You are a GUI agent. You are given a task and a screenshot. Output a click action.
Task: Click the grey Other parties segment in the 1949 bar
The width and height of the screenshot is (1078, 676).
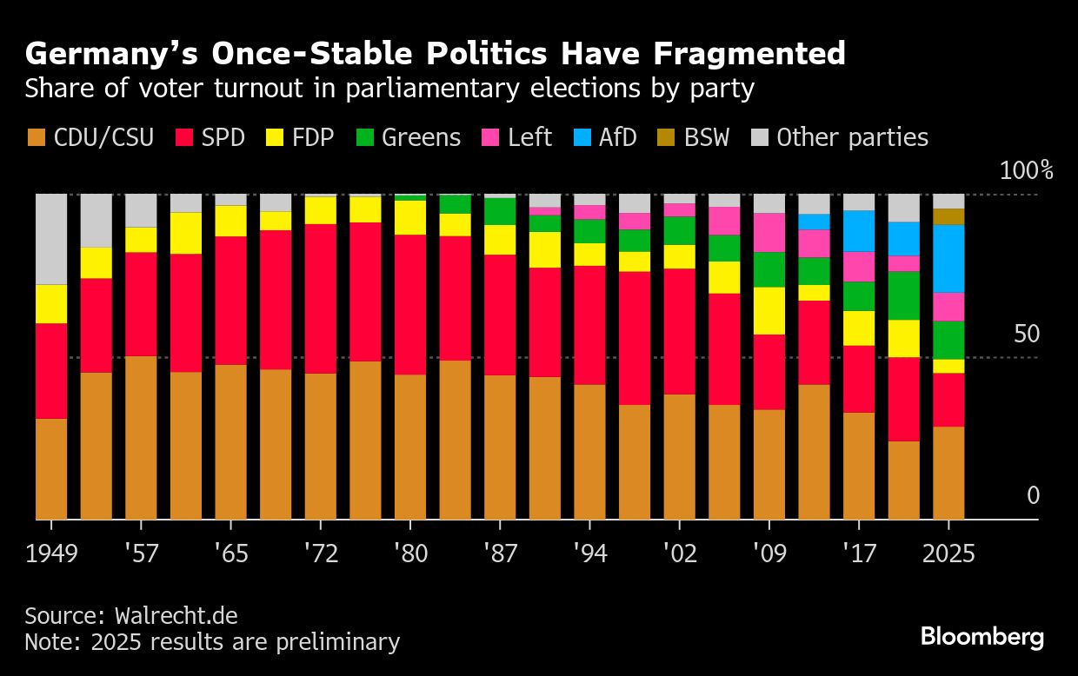pyautogui.click(x=51, y=239)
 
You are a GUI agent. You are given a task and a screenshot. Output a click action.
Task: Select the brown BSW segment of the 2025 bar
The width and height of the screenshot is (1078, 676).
pyautogui.click(x=948, y=216)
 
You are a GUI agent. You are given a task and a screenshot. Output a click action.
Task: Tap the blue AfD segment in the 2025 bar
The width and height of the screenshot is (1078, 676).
pyautogui.click(x=948, y=258)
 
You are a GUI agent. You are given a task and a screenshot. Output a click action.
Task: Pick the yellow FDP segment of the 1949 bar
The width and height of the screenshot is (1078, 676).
pyautogui.click(x=51, y=304)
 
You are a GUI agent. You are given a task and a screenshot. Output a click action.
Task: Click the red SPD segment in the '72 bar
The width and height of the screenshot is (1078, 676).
pyautogui.click(x=321, y=298)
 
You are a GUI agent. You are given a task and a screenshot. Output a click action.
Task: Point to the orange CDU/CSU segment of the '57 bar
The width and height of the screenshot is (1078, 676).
pyautogui.click(x=141, y=437)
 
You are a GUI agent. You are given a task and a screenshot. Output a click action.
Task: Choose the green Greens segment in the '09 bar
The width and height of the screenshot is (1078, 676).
pyautogui.click(x=769, y=269)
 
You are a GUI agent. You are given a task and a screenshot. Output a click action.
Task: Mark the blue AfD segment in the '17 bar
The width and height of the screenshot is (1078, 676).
pyautogui.click(x=859, y=230)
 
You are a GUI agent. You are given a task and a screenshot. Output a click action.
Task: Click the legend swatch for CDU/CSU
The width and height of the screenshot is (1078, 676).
pyautogui.click(x=36, y=137)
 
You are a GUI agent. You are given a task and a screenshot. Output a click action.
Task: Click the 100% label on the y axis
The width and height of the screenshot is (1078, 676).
pyautogui.click(x=1026, y=170)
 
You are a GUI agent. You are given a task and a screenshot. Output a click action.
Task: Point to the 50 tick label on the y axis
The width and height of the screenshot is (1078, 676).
pyautogui.click(x=1027, y=335)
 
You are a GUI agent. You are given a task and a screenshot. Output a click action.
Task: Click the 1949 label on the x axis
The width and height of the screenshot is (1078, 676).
pyautogui.click(x=51, y=553)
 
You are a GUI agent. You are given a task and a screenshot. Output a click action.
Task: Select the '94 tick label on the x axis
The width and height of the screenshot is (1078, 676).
pyautogui.click(x=589, y=553)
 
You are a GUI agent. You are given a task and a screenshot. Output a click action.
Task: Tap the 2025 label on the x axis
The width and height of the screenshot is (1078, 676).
pyautogui.click(x=948, y=553)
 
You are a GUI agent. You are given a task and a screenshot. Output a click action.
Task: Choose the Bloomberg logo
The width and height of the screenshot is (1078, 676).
pyautogui.click(x=982, y=637)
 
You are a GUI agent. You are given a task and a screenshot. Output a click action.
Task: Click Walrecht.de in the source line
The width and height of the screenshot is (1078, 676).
pyautogui.click(x=176, y=616)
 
